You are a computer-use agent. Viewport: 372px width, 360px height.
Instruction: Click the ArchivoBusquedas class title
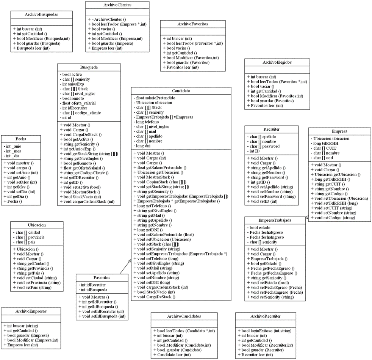pos(42,14)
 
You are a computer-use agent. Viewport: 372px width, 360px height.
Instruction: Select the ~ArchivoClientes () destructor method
pos(107,19)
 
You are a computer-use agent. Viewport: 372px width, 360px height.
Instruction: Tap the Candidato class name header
pos(181,91)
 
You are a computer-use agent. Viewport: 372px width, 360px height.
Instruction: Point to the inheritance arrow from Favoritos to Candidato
pos(125,267)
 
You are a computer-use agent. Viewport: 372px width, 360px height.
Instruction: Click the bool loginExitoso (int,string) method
pos(264,330)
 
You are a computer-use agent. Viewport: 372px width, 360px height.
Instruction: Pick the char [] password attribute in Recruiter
pos(263,146)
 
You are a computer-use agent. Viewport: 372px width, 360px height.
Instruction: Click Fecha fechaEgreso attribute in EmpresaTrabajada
pos(265,232)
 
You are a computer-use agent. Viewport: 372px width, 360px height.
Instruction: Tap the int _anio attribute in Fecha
pos(13,146)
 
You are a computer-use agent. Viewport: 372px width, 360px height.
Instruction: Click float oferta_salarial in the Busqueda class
pos(78,103)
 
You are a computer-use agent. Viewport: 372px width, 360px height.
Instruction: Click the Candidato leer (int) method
pos(172,355)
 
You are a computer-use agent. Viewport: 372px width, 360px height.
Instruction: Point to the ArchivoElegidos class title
pos(277,63)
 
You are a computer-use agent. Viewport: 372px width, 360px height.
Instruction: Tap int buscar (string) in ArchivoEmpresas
pos(21,326)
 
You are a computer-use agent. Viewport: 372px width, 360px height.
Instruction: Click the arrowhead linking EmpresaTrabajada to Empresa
pos(307,217)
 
